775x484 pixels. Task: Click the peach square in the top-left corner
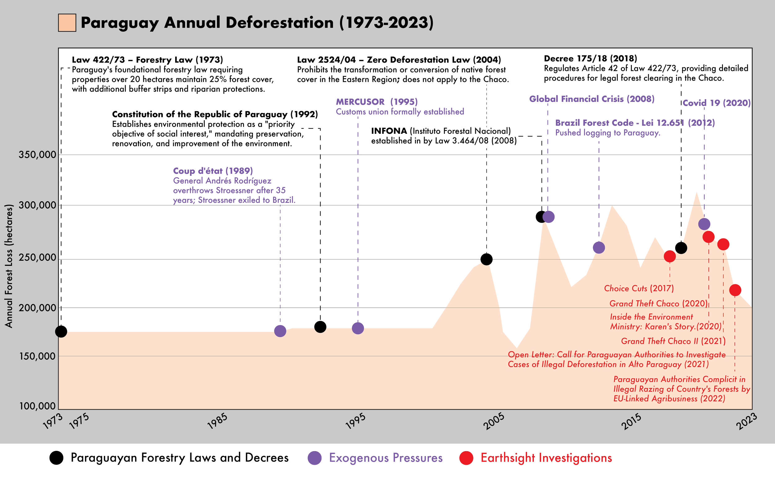pos(67,23)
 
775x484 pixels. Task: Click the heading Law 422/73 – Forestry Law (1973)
pos(147,60)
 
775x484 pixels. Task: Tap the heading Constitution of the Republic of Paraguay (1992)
pos(215,114)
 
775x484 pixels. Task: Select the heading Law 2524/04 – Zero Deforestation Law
pos(399,60)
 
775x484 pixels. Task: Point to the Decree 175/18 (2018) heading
pos(591,59)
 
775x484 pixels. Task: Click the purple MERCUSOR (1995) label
pos(377,102)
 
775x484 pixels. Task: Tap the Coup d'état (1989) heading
pos(213,171)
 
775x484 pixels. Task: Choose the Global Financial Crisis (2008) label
pos(592,99)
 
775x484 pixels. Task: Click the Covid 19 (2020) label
pos(717,103)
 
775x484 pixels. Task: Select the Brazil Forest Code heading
pos(635,123)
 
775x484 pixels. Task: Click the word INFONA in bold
pos(389,131)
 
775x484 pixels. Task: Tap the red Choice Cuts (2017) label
pos(639,288)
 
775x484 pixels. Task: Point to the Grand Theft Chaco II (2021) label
pos(673,341)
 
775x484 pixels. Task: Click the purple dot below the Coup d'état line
pos(280,331)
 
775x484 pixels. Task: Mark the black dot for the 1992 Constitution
pos(320,327)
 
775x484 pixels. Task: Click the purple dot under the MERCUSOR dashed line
pos(358,328)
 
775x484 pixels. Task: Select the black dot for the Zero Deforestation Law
pos(486,259)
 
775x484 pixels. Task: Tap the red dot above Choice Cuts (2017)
pos(670,256)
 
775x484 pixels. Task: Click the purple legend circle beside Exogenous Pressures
pos(315,458)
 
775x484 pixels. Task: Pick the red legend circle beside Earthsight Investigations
pos(466,458)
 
